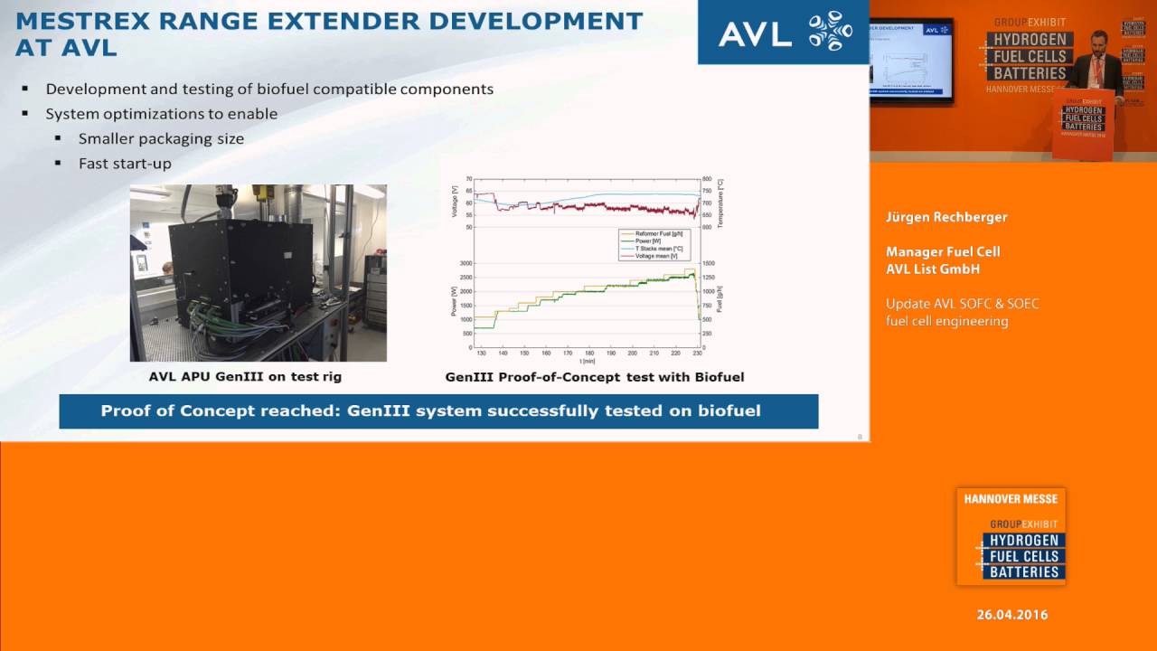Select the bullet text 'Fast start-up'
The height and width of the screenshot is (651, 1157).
(x=125, y=164)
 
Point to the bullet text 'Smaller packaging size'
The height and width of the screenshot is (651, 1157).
(x=161, y=138)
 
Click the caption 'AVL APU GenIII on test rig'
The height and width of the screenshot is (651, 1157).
(x=245, y=376)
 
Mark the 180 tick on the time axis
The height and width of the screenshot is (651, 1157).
(x=589, y=354)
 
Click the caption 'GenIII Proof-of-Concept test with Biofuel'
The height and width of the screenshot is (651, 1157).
(x=594, y=376)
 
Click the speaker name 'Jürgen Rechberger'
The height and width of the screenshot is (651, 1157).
(x=945, y=217)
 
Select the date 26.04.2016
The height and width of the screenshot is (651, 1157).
(x=1011, y=615)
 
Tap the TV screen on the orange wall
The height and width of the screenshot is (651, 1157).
(x=911, y=60)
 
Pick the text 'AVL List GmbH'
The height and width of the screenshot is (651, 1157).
(x=933, y=269)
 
